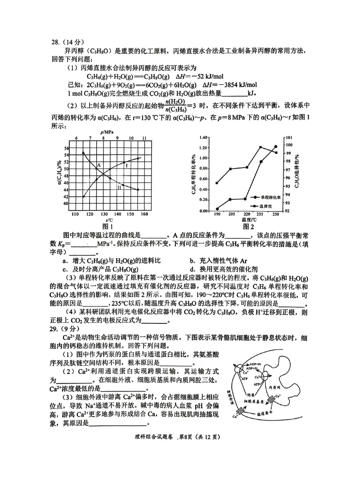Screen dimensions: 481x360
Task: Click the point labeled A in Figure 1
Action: (99, 165)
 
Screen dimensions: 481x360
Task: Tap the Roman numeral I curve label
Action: (126, 166)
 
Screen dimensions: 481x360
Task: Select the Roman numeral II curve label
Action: (119, 187)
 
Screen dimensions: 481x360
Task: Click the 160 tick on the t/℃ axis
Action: (144, 214)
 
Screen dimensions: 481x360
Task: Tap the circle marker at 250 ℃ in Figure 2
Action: (276, 147)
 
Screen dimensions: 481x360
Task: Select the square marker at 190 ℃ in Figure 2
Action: (217, 183)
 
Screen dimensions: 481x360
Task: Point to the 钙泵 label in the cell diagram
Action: (251, 394)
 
